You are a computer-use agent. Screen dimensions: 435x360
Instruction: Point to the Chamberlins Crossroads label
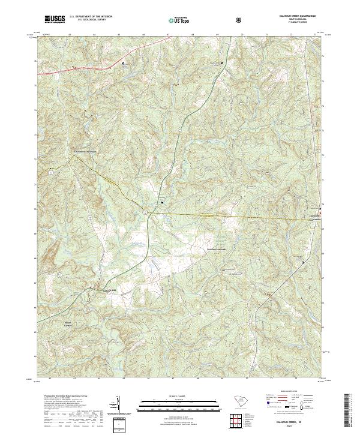pyautogui.click(x=85, y=151)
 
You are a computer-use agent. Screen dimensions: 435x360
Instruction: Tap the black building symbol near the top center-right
pyautogui.click(x=223, y=63)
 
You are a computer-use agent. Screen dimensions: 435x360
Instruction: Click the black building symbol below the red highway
pyautogui.click(x=123, y=63)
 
